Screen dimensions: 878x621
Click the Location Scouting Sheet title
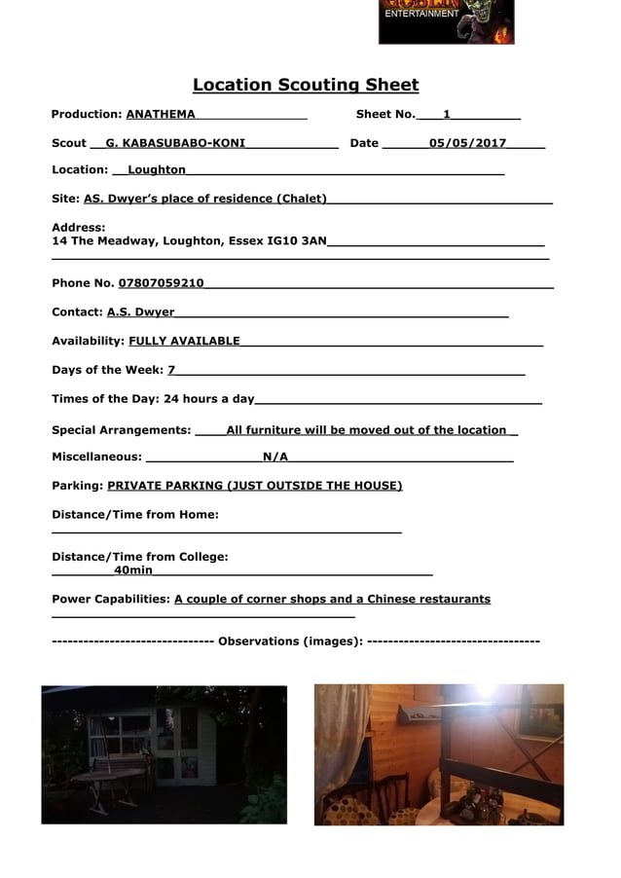[x=306, y=86]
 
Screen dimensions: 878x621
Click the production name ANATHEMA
[x=161, y=115]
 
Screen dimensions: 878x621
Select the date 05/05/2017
[x=467, y=143]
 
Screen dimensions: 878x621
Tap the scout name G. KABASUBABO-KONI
[x=175, y=143]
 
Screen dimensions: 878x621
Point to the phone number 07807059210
[x=162, y=283]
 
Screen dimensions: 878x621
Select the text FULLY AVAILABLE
[x=184, y=341]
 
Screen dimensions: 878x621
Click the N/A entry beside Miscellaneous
[x=275, y=457]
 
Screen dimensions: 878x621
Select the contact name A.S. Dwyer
[x=141, y=312]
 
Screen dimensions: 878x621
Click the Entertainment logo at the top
[x=446, y=21]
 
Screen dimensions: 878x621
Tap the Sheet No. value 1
[x=447, y=115]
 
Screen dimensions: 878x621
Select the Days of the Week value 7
[x=171, y=370]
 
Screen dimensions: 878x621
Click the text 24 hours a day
[x=208, y=399]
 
